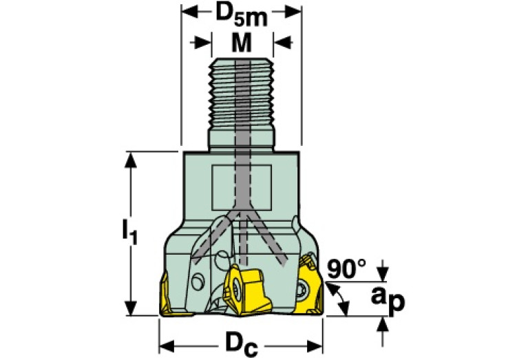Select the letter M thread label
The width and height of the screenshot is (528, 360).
(242, 43)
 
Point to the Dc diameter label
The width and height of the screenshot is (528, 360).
(242, 345)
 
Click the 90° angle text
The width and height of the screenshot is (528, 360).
(346, 268)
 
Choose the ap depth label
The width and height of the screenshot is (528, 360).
(388, 299)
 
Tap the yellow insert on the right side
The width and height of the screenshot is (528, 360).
(310, 286)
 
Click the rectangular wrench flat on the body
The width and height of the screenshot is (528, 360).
(242, 187)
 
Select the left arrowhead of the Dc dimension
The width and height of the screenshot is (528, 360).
(167, 346)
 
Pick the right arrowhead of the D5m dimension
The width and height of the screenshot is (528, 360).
(293, 12)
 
